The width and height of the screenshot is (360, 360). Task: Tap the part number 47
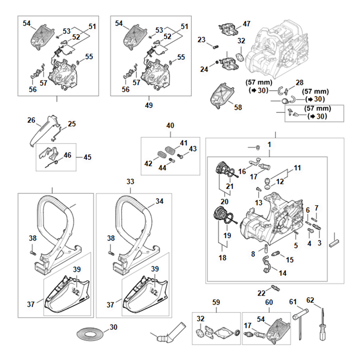247,23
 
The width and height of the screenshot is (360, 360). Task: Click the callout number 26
31,120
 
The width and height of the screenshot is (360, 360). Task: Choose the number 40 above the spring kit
170,126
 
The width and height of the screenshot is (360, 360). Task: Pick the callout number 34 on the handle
159,202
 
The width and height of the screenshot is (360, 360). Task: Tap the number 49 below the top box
149,105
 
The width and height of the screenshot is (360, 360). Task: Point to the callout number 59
216,302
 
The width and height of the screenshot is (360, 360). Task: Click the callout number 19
226,235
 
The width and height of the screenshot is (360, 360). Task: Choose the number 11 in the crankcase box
297,168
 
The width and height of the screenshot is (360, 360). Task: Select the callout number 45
87,157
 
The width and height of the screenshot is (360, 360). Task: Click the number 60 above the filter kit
269,302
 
